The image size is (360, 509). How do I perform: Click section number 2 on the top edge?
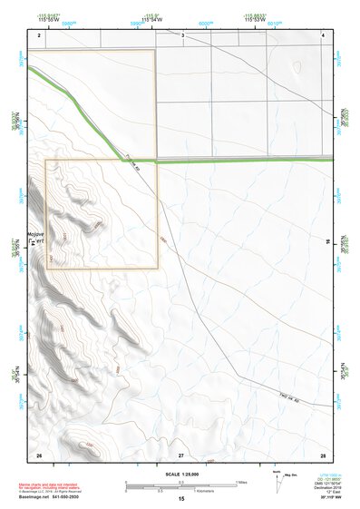pos(40,34)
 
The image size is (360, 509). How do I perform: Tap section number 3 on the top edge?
pos(182,34)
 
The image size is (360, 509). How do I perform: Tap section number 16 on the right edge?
pos(327,240)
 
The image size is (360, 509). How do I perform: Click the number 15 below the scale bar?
pos(180,500)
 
